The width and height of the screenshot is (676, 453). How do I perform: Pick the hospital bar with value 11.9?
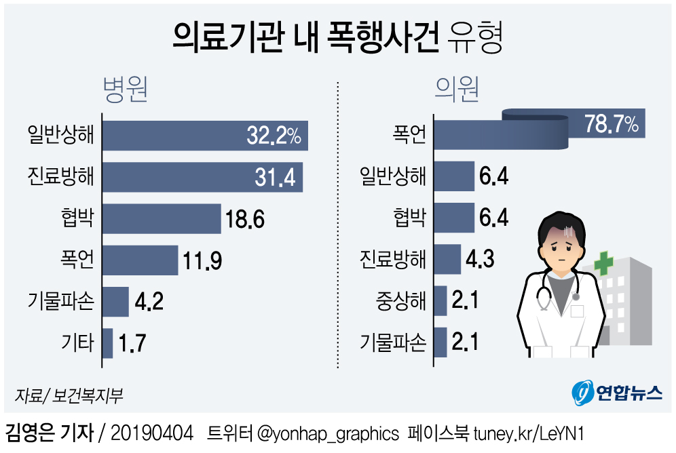pos(140,260)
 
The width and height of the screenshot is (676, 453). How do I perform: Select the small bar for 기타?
pos(107,343)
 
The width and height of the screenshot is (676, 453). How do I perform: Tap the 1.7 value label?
pos(132,343)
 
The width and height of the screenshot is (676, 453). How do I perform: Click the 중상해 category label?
pos(400,301)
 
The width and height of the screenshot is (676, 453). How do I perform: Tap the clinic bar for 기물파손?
pos(440,342)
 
